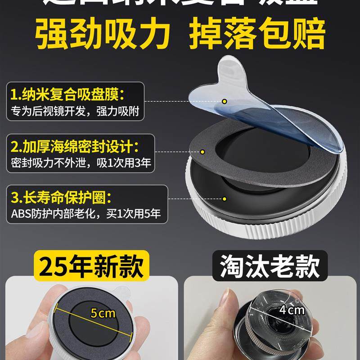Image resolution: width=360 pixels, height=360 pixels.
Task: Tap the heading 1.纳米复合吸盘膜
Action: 68,95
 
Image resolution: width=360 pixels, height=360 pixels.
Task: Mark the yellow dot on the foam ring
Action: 202,153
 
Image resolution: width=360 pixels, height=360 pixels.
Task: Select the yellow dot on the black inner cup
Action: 225,198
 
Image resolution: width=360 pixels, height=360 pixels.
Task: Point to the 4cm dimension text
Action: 292,310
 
